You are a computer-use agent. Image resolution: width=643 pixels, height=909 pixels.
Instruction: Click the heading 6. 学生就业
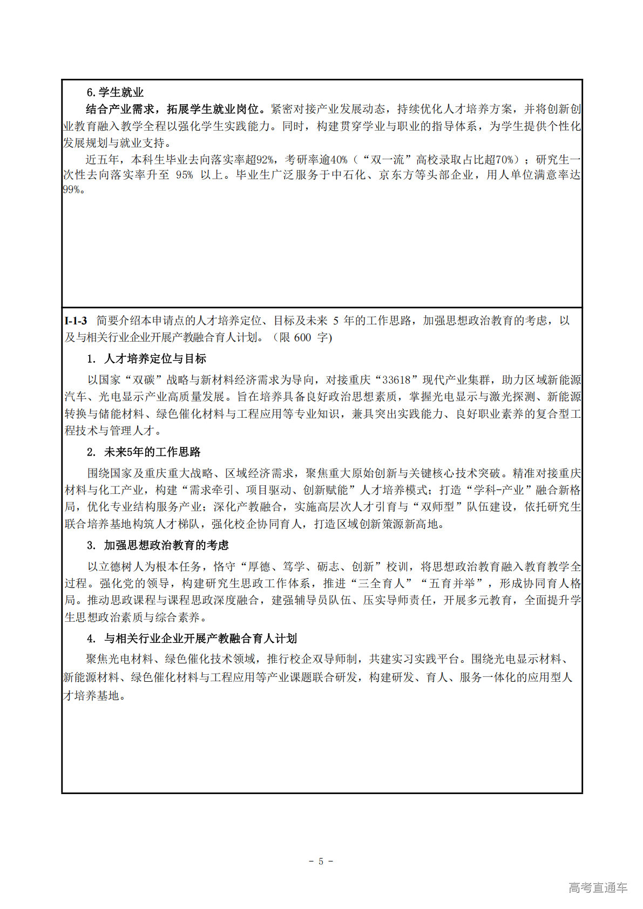tap(115, 92)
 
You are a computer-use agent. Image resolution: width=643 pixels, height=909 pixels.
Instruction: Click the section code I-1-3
tap(76, 321)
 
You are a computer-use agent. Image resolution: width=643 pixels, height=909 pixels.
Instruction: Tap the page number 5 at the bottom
tap(321, 861)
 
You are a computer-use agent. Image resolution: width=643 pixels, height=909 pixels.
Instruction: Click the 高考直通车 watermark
tap(598, 887)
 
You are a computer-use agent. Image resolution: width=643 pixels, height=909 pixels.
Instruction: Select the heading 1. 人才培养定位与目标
tap(146, 359)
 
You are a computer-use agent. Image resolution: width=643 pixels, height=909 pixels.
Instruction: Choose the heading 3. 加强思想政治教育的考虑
tap(158, 545)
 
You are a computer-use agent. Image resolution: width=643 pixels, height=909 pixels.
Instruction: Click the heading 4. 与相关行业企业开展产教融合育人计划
tap(192, 639)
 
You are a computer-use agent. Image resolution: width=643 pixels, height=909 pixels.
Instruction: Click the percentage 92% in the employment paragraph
tap(265, 160)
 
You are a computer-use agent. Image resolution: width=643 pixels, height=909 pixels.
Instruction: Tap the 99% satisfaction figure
tap(72, 189)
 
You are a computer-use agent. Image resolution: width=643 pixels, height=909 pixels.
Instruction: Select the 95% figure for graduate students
tap(184, 175)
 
